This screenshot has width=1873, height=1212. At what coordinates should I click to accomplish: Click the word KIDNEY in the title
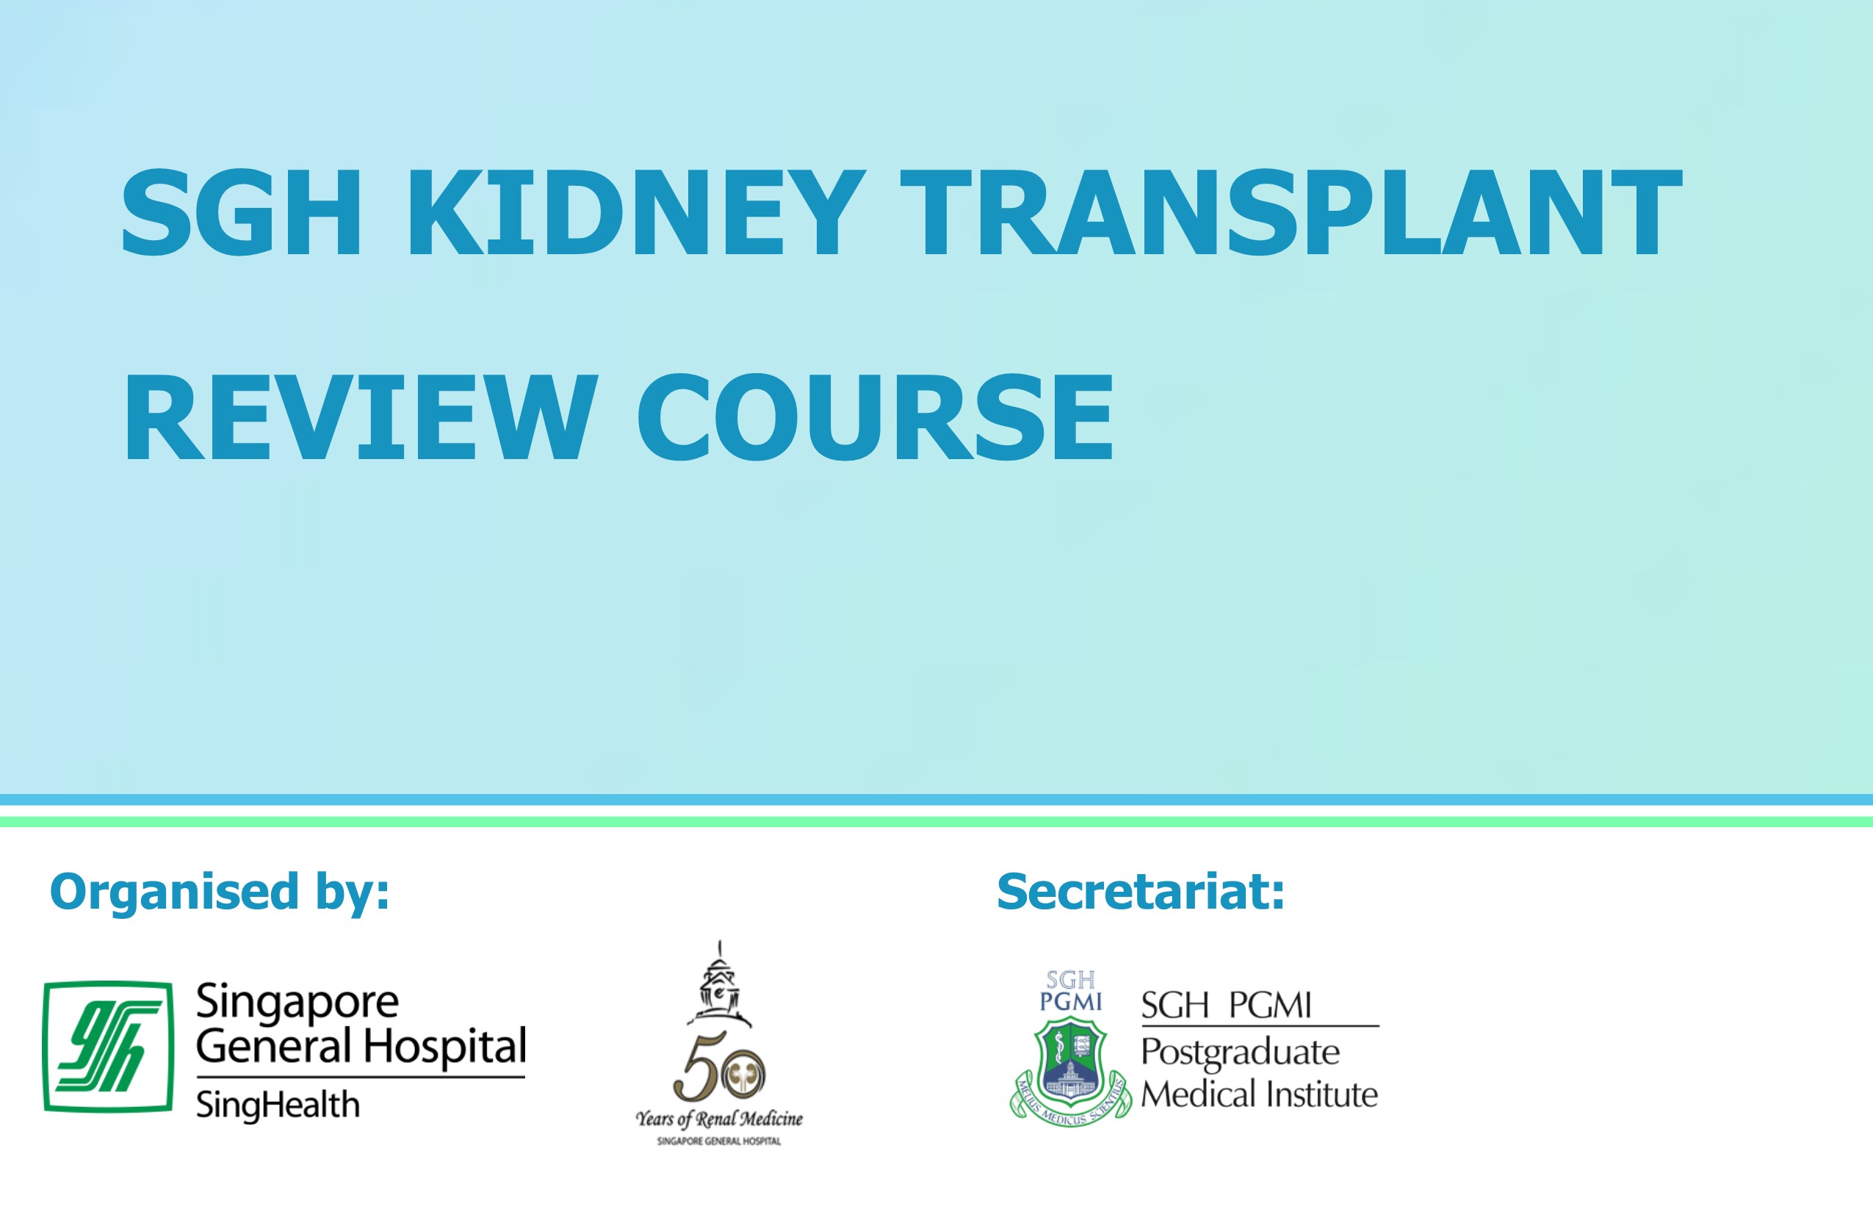point(636,212)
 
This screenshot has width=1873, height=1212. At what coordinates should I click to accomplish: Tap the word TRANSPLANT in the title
point(1291,212)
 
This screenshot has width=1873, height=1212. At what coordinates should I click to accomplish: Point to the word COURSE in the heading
point(876,417)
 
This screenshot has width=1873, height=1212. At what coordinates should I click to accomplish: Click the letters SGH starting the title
point(241,212)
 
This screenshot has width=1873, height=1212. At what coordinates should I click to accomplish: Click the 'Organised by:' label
point(220,892)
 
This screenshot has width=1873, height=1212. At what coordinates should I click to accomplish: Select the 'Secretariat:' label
point(1140,892)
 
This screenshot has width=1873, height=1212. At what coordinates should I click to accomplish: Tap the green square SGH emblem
point(109,1046)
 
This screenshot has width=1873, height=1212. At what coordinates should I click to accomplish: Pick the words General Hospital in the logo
point(361,1047)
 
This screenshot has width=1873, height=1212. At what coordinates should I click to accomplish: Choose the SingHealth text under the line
point(278,1105)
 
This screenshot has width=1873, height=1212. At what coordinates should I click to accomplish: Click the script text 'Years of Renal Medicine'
point(719,1118)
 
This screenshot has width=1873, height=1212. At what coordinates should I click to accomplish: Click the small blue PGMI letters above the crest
point(1071,1002)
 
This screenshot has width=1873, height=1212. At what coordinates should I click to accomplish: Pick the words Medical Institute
point(1259,1094)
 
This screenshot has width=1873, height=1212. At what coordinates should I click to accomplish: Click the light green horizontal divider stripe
point(936,822)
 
